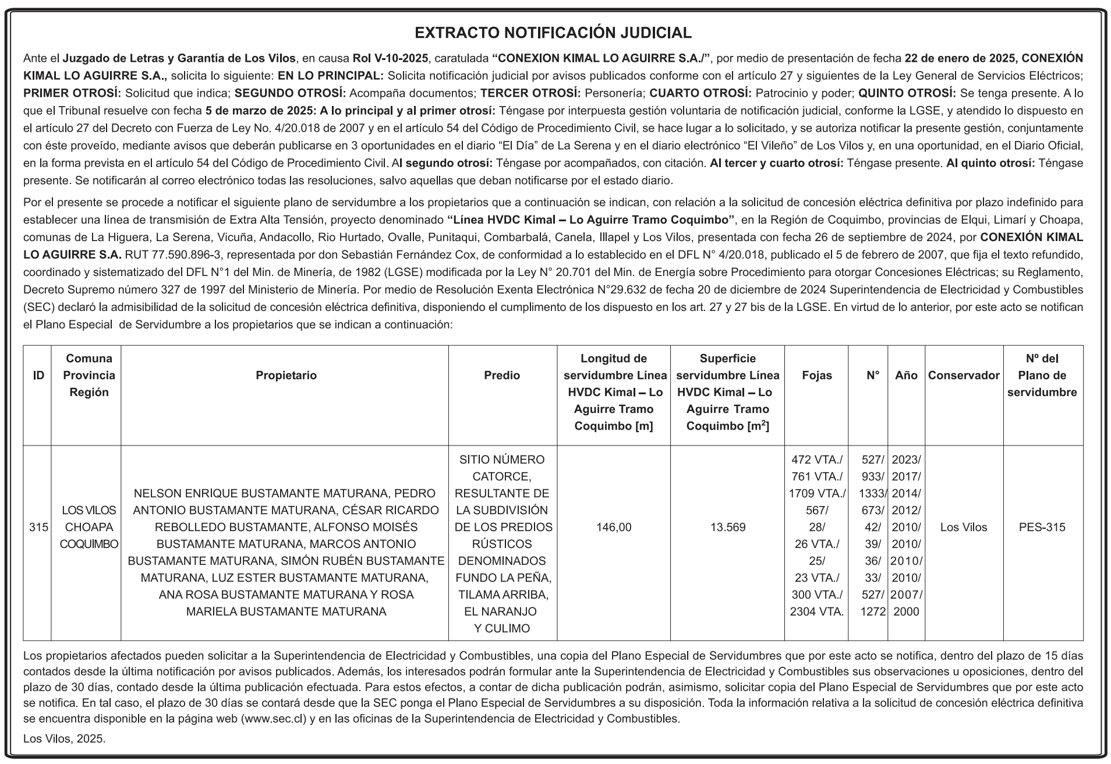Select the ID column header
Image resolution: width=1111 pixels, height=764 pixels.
pyautogui.click(x=38, y=376)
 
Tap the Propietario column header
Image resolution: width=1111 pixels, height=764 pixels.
pyautogui.click(x=286, y=376)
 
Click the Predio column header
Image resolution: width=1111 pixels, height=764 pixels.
pyautogui.click(x=502, y=376)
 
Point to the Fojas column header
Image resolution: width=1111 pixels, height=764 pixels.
pyautogui.click(x=816, y=376)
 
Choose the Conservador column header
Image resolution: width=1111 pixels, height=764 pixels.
pyautogui.click(x=963, y=376)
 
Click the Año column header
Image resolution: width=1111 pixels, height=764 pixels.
pyautogui.click(x=906, y=376)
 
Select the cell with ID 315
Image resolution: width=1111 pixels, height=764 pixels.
pyautogui.click(x=38, y=528)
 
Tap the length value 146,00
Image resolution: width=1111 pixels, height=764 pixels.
pyautogui.click(x=614, y=528)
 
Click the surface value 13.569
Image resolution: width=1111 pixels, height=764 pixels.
pyautogui.click(x=727, y=528)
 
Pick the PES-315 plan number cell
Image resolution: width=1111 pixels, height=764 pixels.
pyautogui.click(x=1042, y=528)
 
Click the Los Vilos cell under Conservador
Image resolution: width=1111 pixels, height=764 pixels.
pyautogui.click(x=963, y=528)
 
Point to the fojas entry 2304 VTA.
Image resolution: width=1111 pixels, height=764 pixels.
pyautogui.click(x=816, y=612)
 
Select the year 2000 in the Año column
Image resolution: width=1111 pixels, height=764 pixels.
pyautogui.click(x=905, y=612)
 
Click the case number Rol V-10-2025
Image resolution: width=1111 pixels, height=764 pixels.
pyautogui.click(x=390, y=59)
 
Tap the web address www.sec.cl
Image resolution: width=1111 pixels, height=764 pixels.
pyautogui.click(x=273, y=719)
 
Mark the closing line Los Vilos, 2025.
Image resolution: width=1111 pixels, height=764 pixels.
pyautogui.click(x=65, y=739)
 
